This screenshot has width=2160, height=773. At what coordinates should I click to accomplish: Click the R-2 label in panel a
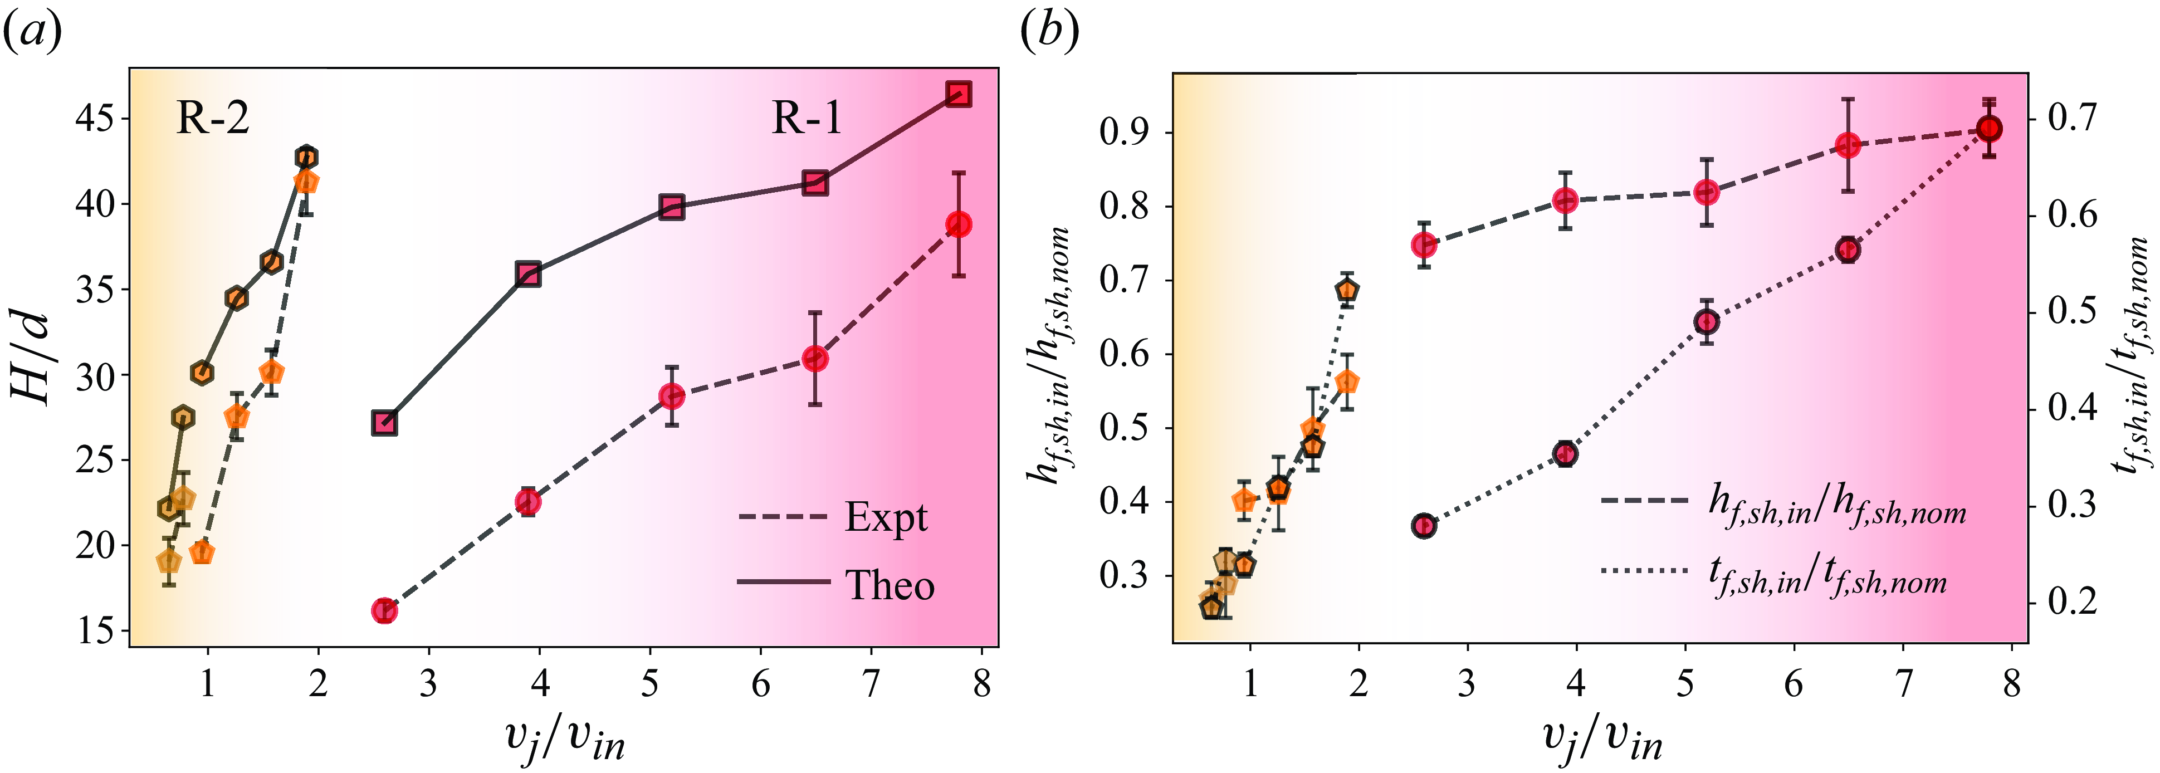[x=212, y=119]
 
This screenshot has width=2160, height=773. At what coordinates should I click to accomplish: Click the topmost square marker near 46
[x=959, y=94]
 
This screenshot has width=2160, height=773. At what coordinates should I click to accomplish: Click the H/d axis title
[x=35, y=359]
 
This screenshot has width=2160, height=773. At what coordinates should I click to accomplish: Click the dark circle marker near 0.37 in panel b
[x=1424, y=526]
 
